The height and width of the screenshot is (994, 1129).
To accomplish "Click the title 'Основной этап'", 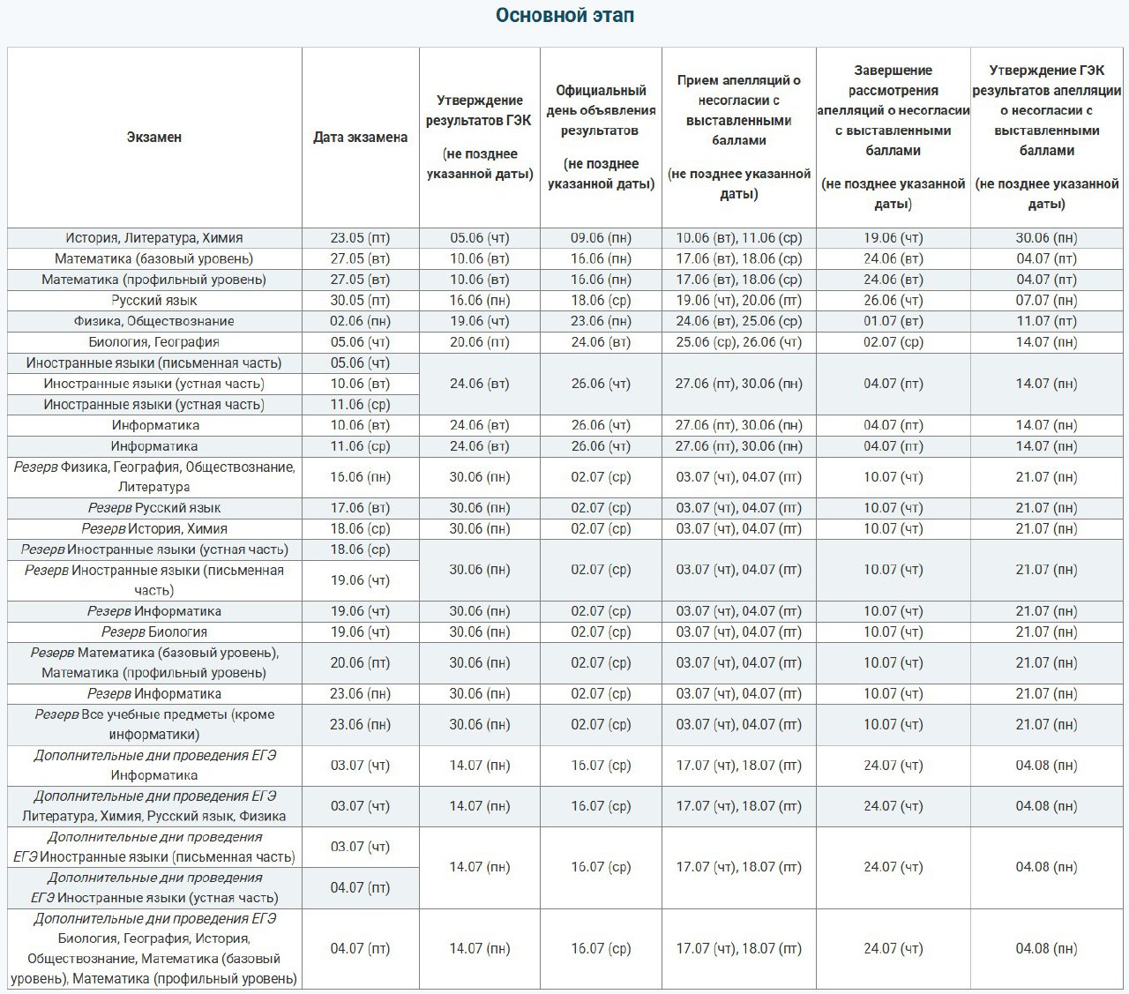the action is click(x=564, y=16).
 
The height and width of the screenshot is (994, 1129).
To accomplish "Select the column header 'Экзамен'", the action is click(x=153, y=137).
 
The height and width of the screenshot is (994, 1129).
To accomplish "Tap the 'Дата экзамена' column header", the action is click(x=360, y=137).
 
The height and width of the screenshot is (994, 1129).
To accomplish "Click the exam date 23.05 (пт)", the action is click(x=360, y=238).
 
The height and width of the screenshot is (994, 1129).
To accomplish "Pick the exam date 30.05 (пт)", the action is click(x=360, y=301).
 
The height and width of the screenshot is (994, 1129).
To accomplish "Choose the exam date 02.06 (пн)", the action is click(x=360, y=321).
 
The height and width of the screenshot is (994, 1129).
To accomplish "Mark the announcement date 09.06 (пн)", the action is click(x=601, y=238).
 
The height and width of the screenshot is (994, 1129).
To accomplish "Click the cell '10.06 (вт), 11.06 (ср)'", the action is click(x=739, y=238).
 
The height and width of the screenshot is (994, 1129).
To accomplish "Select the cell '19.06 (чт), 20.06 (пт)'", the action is click(x=739, y=301).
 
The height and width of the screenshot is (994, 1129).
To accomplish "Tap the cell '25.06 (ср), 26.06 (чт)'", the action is click(x=739, y=341).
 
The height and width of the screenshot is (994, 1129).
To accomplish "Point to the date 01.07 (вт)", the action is click(x=893, y=321).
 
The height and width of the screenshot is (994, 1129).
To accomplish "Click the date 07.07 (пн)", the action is click(x=1046, y=301).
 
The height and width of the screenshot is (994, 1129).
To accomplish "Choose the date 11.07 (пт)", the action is click(x=1046, y=321).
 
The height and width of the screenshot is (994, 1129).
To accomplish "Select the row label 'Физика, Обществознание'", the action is click(x=153, y=321).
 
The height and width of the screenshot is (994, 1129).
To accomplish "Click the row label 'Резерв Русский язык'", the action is click(x=153, y=508).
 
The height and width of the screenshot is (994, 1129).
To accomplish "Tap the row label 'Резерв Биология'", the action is click(x=153, y=632).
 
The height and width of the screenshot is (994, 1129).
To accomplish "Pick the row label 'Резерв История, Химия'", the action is click(x=153, y=528).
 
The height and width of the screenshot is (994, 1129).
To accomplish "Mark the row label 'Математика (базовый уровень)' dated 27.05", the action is click(x=153, y=258).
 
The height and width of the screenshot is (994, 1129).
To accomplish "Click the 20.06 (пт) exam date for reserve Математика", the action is click(x=360, y=662).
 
